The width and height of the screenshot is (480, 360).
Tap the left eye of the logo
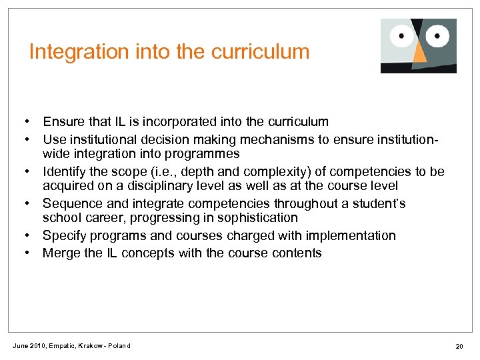point(403,36)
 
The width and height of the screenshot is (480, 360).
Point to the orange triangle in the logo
point(419,57)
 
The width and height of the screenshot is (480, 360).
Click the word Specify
point(64,235)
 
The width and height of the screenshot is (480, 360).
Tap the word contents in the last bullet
point(295,253)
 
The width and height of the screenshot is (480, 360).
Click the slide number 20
point(459,345)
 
